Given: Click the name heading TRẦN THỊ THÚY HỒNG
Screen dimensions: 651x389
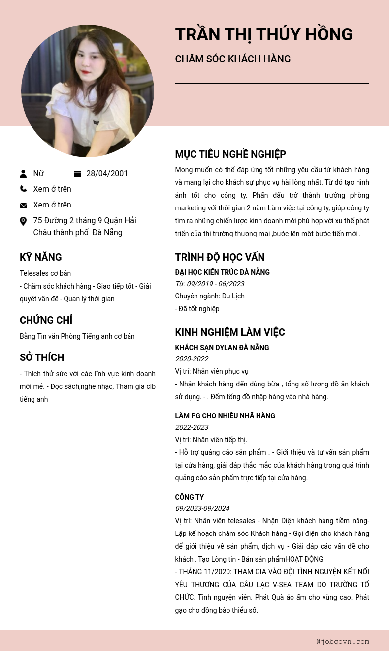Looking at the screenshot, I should tap(263, 34).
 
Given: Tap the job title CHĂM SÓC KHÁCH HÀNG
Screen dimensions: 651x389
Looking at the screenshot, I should tap(232, 59).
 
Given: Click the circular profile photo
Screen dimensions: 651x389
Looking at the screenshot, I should tap(88, 91).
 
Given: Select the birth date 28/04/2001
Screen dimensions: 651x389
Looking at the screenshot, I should tap(107, 173).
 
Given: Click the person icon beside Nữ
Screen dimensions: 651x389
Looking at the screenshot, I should tap(23, 174).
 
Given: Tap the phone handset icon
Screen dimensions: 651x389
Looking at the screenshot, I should tap(23, 189).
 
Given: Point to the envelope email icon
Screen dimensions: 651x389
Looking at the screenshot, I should tap(23, 205).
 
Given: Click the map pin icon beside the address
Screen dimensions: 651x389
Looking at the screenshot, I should tap(23, 221).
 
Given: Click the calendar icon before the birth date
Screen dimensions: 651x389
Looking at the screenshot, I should tap(77, 174).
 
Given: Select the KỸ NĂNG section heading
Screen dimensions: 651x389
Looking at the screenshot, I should tap(41, 257).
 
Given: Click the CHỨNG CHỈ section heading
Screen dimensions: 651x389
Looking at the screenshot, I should tap(46, 320).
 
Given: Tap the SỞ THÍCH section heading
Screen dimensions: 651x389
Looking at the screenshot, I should tap(42, 357).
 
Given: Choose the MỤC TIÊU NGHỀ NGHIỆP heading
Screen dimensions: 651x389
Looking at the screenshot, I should tap(230, 154).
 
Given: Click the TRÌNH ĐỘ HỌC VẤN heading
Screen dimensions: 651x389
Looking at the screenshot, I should tap(220, 257).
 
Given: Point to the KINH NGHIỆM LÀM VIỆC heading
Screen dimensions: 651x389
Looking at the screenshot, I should tap(229, 332).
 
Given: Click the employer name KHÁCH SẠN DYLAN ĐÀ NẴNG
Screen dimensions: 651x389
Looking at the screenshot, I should tap(222, 348).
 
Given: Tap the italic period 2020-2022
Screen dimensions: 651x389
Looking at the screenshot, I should tap(192, 359).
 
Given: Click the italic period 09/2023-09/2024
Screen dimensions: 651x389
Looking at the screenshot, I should tap(202, 508).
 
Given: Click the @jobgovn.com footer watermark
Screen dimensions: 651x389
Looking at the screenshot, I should tap(343, 641).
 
